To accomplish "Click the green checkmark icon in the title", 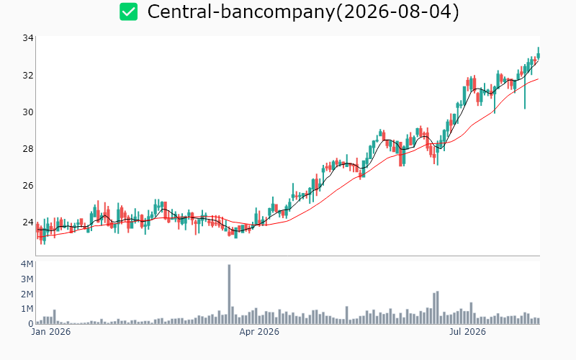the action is [x=129, y=12].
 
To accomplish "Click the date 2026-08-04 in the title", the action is [x=397, y=12].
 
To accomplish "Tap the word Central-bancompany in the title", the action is [x=241, y=12].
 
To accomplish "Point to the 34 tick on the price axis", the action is [x=28, y=38].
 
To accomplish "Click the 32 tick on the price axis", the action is [x=28, y=76].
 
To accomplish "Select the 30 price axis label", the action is [x=28, y=112].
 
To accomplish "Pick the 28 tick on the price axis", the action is [x=28, y=149].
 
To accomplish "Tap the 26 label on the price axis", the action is [x=28, y=186].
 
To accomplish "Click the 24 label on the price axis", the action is [x=28, y=222].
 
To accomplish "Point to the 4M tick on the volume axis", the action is [x=27, y=264].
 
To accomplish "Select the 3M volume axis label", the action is [x=27, y=279].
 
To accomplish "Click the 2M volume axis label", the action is [x=27, y=294].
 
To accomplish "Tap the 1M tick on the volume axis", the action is [x=27, y=309].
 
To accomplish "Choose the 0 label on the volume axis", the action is [x=31, y=324].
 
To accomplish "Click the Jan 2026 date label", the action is [x=51, y=332].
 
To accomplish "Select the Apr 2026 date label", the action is [x=259, y=332].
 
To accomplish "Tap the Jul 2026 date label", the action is [x=467, y=332].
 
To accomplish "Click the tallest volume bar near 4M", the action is [x=229, y=294].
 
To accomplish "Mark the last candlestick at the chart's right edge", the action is [x=539, y=53].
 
